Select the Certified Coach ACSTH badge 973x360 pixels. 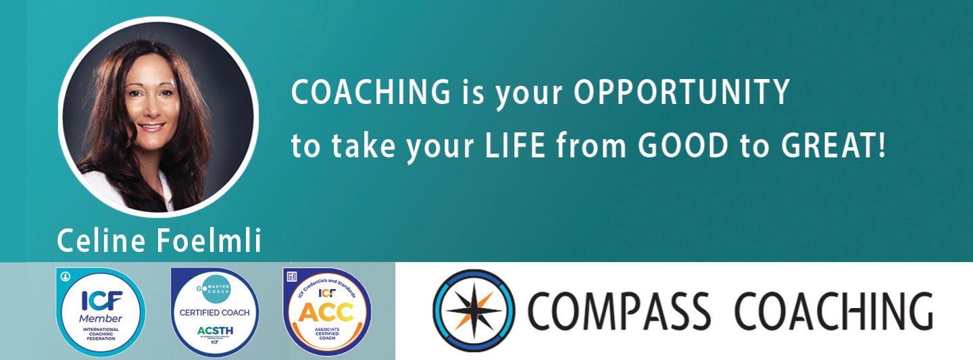click(x=214, y=311)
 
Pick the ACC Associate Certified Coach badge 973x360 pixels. click(x=327, y=311)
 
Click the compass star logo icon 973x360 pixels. click(x=474, y=311)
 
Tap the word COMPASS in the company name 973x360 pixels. click(x=619, y=311)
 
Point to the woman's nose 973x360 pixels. click(x=150, y=109)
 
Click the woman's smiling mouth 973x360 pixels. click(x=151, y=127)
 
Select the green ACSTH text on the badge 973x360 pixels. click(x=214, y=330)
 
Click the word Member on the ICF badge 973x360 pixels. click(x=101, y=318)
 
